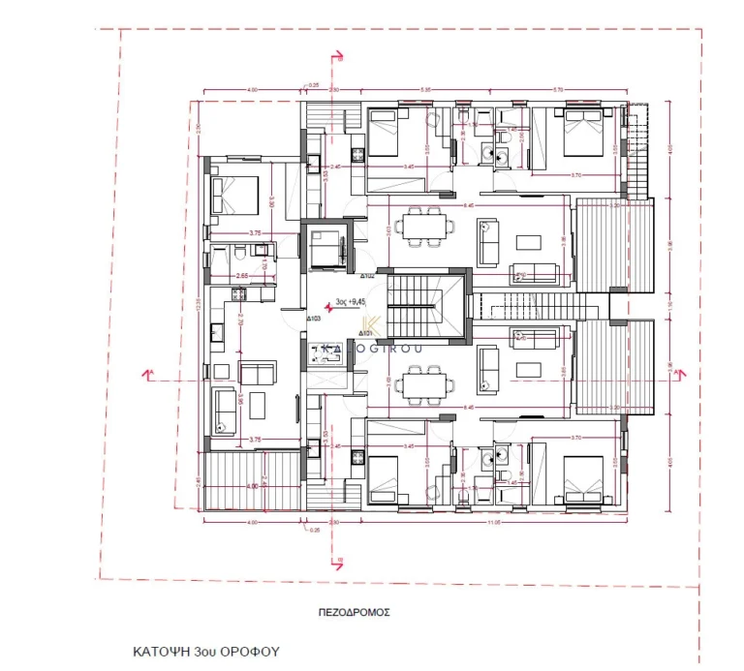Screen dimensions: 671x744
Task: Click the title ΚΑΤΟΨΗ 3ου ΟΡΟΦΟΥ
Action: click(205, 652)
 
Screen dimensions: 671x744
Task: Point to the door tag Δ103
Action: click(315, 318)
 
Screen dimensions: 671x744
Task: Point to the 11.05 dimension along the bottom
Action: click(494, 522)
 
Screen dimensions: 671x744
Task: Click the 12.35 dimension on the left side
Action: click(198, 302)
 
